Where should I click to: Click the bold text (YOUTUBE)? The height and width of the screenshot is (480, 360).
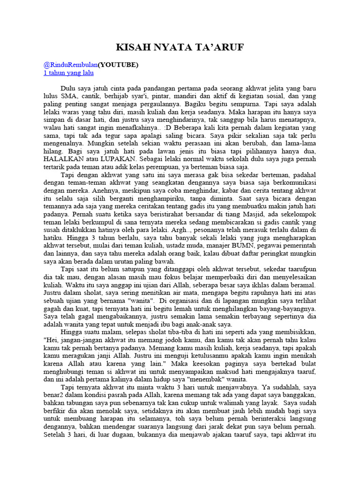point(118,65)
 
